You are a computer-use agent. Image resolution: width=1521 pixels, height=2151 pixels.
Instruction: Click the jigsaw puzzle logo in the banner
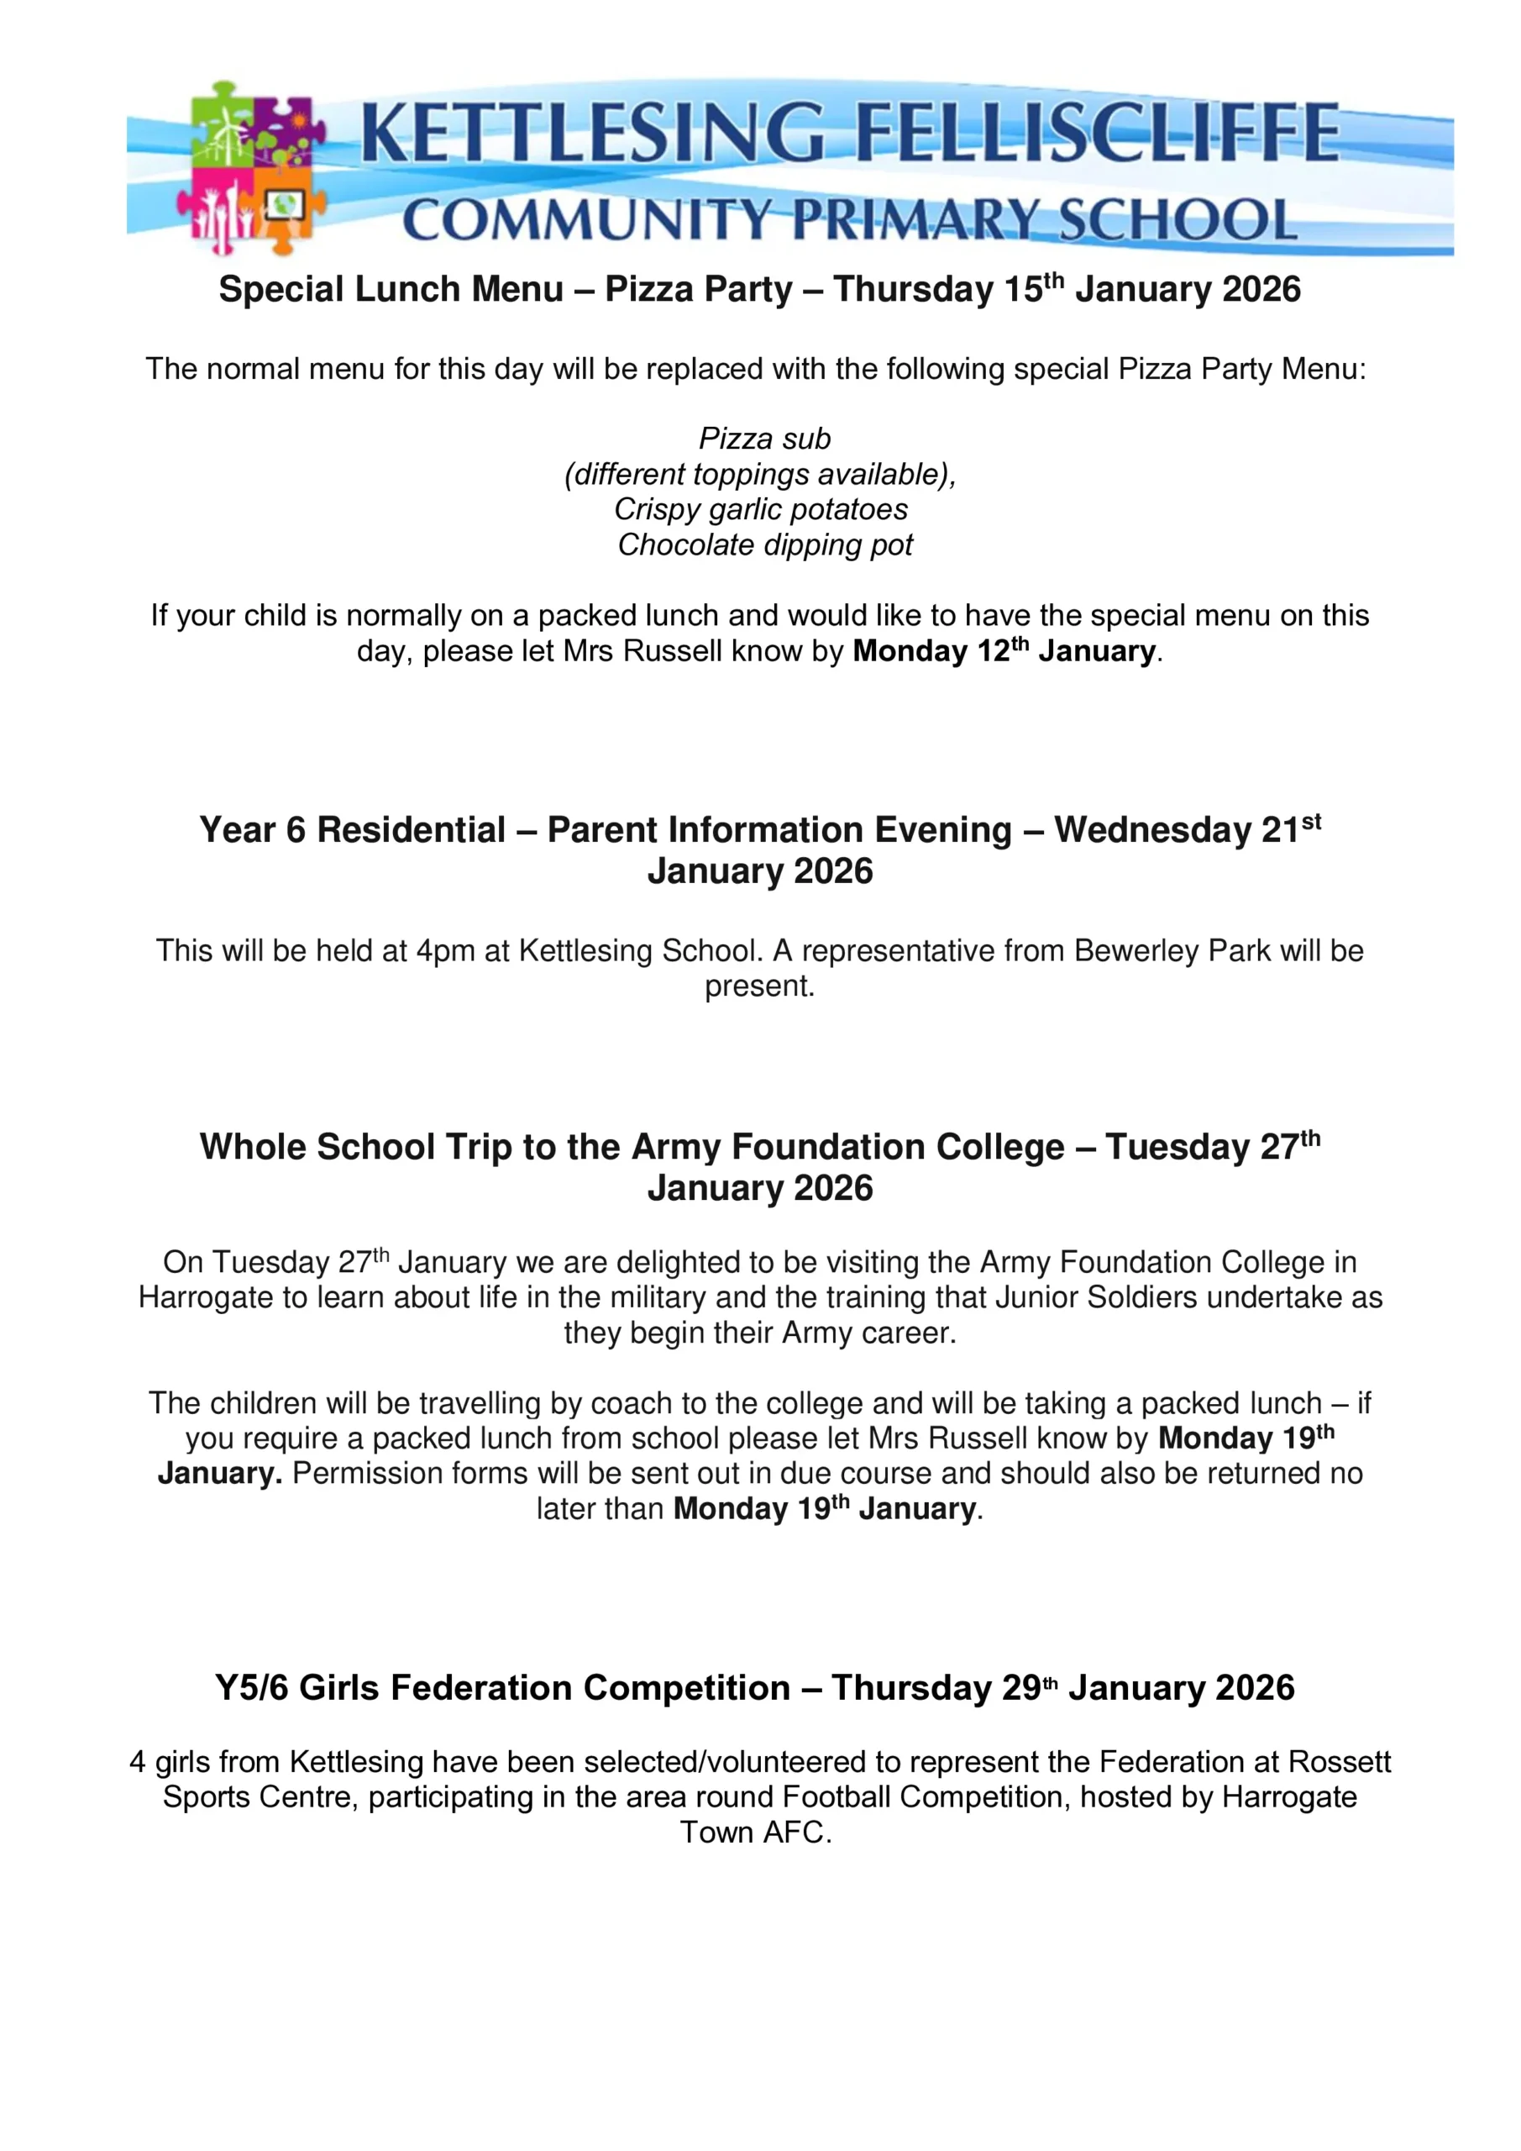pos(251,169)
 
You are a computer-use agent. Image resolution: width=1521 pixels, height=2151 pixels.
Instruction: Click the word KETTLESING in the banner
pos(592,134)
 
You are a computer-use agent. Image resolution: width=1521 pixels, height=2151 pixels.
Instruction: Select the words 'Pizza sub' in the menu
pos(764,439)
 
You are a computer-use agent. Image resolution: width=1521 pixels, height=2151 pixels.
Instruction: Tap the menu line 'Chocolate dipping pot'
pos(764,544)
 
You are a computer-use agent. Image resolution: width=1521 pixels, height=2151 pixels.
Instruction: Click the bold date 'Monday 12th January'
pos(1004,650)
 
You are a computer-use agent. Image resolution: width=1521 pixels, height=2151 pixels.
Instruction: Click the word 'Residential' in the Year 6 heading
pos(412,830)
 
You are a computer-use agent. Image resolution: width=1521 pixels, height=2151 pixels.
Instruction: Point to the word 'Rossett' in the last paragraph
pos(1340,1761)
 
